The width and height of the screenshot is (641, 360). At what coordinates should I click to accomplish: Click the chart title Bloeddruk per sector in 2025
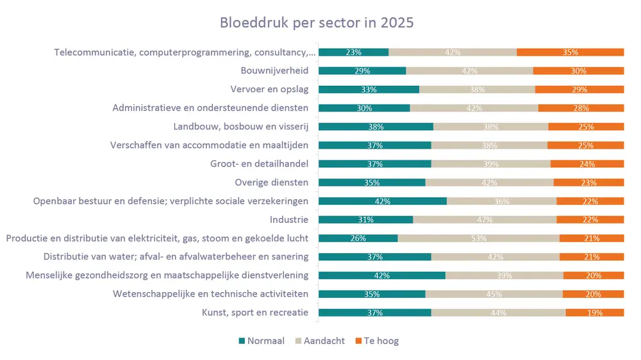317,22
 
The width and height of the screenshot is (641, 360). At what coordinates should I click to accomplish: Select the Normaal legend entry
261,341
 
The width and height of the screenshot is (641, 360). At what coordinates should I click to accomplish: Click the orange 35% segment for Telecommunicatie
570,53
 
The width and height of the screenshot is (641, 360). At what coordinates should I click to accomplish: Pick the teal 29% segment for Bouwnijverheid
362,71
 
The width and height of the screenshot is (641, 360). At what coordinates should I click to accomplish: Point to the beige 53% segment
478,238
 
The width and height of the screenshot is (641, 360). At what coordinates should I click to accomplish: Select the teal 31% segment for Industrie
365,220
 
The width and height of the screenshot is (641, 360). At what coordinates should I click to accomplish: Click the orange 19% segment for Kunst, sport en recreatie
595,313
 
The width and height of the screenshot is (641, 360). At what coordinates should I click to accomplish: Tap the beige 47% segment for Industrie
485,220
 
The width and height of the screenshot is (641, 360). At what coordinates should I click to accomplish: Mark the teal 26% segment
358,238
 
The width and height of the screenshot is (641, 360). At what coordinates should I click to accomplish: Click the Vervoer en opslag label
269,89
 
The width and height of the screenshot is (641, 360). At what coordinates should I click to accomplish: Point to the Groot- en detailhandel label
260,163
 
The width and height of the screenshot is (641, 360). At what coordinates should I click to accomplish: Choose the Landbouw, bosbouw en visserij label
241,126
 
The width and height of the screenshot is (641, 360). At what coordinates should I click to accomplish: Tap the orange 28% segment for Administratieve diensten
581,108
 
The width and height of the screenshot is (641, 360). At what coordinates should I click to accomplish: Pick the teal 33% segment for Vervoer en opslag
369,90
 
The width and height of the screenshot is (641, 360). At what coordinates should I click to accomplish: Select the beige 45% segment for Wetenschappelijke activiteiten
494,294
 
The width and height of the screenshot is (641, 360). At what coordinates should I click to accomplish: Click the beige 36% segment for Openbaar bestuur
501,201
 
